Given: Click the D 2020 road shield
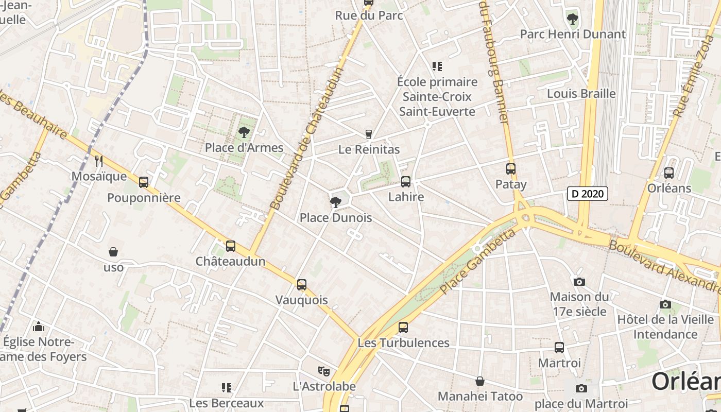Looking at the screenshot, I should click(x=588, y=194).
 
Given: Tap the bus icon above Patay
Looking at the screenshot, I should click(x=511, y=168).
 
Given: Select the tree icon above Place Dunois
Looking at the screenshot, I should click(x=336, y=202).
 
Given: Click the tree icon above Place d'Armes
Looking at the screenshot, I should click(x=244, y=132).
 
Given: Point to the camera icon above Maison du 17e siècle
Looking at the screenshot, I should click(x=579, y=282).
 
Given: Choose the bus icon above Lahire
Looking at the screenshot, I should click(x=406, y=181).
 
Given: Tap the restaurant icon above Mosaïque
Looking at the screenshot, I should click(x=99, y=161).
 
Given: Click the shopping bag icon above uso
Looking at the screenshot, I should click(x=113, y=252).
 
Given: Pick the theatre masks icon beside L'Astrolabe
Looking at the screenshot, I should click(x=323, y=370).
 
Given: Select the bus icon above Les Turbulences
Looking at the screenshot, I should click(x=403, y=327).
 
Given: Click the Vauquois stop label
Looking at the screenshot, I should click(x=302, y=300).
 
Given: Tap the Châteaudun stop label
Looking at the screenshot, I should click(x=230, y=261).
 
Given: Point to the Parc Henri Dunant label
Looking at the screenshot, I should click(x=573, y=34).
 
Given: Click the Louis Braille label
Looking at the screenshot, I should click(x=581, y=93).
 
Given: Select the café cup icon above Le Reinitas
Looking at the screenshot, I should click(x=369, y=134).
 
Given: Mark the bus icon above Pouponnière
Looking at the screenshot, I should click(x=144, y=182).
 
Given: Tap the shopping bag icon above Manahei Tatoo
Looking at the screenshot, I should click(x=480, y=381).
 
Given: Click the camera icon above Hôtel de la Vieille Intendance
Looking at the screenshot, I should click(x=665, y=304).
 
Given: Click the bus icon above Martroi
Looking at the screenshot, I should click(x=559, y=348).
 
